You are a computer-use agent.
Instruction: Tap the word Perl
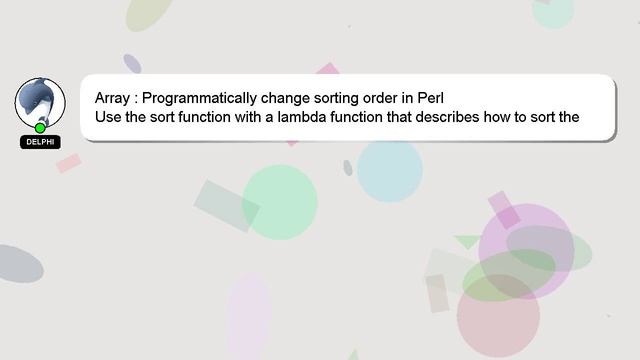pos(429,99)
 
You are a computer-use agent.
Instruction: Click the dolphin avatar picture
pos(40,101)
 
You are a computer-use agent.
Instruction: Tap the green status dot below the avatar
pos(40,128)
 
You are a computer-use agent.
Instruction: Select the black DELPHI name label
pos(40,142)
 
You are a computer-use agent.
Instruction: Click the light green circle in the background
pos(280,202)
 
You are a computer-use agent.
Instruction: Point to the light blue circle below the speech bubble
pos(389,170)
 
